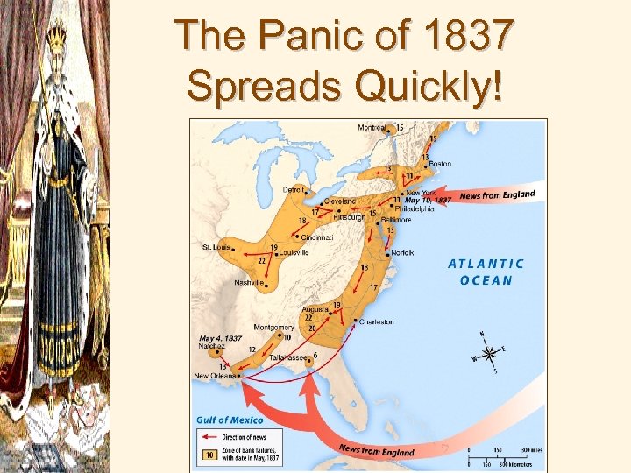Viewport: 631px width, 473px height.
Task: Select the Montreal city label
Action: coord(372,128)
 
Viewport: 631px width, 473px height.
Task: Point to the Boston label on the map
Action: coord(440,164)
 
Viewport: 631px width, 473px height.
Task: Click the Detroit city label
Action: coord(294,189)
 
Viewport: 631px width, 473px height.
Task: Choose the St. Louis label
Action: coord(216,247)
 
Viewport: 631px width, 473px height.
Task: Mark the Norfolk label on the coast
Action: coord(403,252)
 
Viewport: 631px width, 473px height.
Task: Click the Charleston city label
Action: coord(376,321)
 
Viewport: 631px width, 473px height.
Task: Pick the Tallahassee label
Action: coord(287,358)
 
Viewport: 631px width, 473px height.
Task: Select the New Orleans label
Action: coord(213,377)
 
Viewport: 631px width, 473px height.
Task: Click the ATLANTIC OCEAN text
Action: coord(486,272)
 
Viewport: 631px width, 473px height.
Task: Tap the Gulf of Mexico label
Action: coord(230,420)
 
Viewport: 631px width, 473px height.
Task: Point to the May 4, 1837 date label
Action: coord(220,338)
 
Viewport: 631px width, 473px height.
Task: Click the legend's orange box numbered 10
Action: coord(209,454)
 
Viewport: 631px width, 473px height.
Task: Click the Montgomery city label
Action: coord(273,327)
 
